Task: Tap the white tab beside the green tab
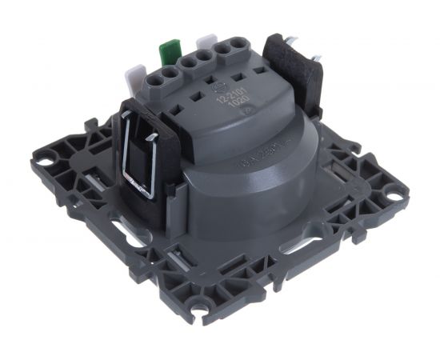tap(206, 42)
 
